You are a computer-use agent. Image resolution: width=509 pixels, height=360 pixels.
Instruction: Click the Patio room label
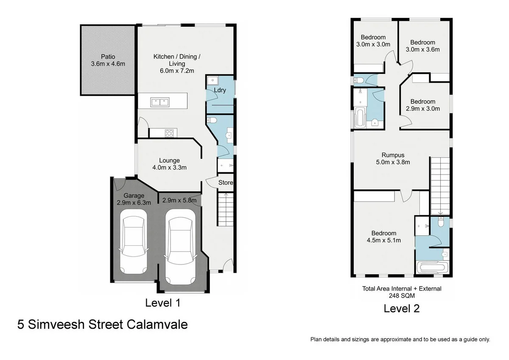(x=108, y=60)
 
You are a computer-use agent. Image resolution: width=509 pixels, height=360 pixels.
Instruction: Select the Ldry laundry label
(x=220, y=90)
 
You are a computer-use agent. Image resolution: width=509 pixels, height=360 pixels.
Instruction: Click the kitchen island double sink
(x=159, y=102)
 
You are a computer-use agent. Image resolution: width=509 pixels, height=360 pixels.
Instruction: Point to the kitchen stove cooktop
(x=169, y=133)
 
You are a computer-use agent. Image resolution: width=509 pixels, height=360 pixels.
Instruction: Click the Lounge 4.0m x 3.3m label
(x=169, y=164)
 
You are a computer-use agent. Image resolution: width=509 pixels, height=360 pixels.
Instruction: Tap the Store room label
(x=226, y=183)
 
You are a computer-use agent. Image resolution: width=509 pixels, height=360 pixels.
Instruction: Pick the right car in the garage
(x=180, y=246)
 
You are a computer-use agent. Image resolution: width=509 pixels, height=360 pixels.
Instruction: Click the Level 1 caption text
(x=163, y=303)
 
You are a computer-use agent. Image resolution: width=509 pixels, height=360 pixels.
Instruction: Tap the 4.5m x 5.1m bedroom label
(x=384, y=236)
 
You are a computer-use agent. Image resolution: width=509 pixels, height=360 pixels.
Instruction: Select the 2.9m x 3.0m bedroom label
(x=422, y=105)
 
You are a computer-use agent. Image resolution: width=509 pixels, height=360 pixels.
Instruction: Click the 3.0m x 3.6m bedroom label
(x=422, y=46)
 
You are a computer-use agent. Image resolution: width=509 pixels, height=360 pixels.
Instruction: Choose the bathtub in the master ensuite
(x=432, y=268)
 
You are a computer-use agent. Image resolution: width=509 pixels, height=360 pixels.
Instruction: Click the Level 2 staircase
(x=440, y=185)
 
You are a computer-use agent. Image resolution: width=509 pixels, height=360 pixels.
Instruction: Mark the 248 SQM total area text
(x=401, y=296)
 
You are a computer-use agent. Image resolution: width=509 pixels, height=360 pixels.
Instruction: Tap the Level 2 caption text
(x=401, y=309)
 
